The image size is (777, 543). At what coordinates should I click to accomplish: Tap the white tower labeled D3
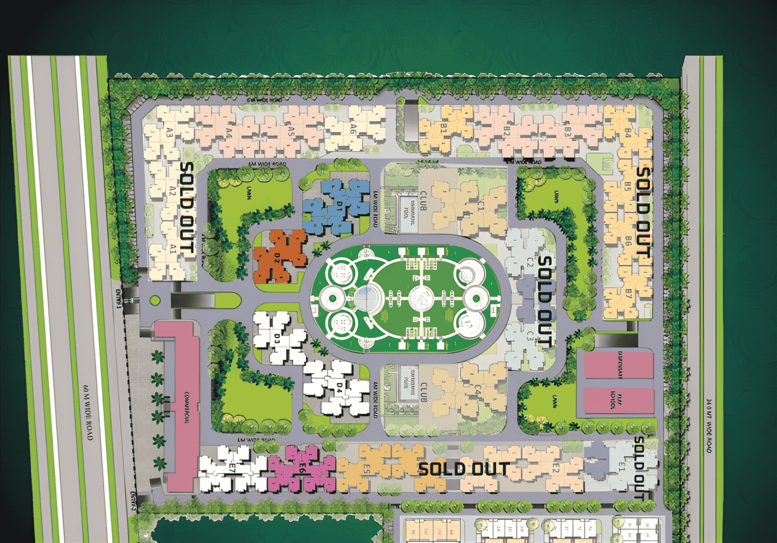[277, 338]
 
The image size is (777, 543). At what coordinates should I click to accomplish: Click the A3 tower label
[169, 133]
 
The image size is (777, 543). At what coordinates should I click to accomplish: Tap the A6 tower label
[353, 130]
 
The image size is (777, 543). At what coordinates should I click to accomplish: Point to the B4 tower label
[628, 132]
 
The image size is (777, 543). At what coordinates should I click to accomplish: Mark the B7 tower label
[628, 294]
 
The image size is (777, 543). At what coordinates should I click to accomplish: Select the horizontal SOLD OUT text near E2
[463, 469]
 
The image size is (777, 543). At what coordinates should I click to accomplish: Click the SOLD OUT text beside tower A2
[187, 207]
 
